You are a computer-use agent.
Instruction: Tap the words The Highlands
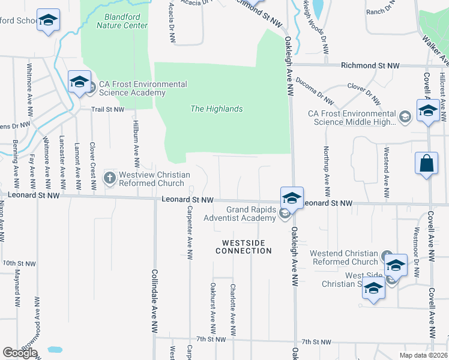pos(216,109)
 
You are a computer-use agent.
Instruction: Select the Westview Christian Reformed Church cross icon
pos(109,178)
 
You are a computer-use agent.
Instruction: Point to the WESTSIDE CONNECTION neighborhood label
pos(244,247)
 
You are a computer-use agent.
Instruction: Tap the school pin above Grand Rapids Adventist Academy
pos(291,197)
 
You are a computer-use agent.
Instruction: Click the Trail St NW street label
pos(107,110)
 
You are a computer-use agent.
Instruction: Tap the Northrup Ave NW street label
pos(327,172)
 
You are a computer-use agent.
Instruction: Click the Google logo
pos(20,353)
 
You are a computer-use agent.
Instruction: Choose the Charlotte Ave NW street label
pos(232,310)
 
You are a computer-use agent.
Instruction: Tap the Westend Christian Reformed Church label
pos(344,257)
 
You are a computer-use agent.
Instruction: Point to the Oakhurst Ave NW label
pos(212,310)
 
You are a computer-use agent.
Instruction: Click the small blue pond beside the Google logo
pos(55,349)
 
